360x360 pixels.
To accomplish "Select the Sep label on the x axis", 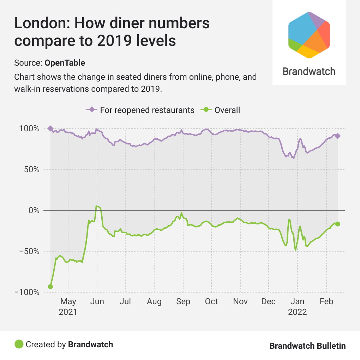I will [x=183, y=302].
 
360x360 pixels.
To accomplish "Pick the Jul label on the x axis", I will [x=125, y=302].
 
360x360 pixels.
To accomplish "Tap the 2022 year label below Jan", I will [x=298, y=312].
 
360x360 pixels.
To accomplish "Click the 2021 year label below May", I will [x=68, y=312].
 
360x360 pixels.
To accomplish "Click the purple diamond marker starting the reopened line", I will [x=50, y=128].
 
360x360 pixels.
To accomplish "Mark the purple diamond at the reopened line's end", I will [x=338, y=136].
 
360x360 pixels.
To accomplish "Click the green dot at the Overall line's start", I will [x=50, y=287].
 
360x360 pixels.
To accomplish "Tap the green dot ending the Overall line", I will [x=338, y=224].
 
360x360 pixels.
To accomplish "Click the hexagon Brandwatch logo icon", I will [x=309, y=35].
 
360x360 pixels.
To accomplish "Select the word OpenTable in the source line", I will [x=65, y=63].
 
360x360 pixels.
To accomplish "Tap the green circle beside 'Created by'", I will [x=19, y=344].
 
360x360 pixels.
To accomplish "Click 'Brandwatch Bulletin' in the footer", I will [x=307, y=346].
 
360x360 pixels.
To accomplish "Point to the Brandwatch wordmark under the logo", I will [x=309, y=71].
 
